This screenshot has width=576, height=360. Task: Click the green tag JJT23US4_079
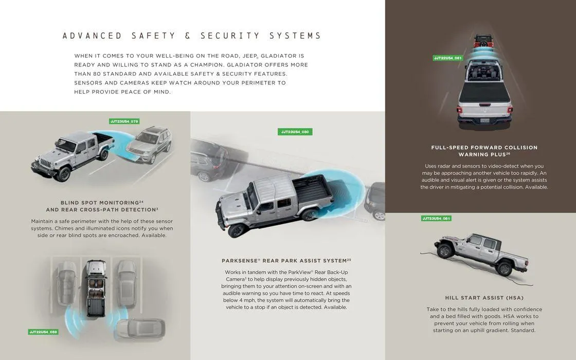[124, 121]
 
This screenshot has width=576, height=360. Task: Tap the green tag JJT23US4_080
[295, 132]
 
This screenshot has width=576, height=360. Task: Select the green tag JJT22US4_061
[447, 58]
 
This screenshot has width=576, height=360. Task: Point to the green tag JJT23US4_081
[436, 218]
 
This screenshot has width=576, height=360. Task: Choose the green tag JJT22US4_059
[43, 332]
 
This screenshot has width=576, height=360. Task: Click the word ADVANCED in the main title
[92, 35]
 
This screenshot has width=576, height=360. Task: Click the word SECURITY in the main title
[230, 35]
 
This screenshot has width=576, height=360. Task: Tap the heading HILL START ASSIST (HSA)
[484, 298]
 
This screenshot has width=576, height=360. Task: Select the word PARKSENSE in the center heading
[240, 261]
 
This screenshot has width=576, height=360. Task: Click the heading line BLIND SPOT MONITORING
[102, 203]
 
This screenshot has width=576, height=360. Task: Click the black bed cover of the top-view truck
[484, 92]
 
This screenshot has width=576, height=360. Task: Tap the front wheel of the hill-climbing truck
[445, 250]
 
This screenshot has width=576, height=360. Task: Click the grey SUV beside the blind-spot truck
[149, 144]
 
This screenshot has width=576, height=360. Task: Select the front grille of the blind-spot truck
[45, 163]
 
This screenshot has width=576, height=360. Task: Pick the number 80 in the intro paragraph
[97, 74]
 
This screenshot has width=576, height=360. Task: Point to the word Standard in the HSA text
[523, 330]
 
